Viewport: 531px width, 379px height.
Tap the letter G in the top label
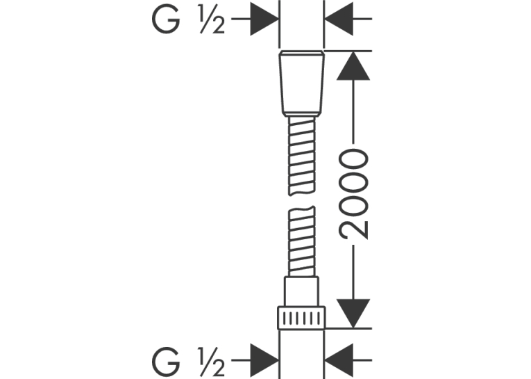166,20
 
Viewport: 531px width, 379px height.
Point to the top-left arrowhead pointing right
264,19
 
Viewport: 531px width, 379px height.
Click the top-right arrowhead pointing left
339,19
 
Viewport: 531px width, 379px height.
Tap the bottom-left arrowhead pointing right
264,360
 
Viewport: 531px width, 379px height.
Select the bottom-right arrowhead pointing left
339,360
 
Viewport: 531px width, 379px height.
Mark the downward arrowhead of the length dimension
353,313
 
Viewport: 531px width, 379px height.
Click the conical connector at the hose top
301,83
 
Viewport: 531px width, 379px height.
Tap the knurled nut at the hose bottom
301,318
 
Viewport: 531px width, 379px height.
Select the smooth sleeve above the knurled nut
301,291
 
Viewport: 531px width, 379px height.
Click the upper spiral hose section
301,156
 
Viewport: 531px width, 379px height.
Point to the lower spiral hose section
301,241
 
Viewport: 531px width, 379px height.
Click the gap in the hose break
301,201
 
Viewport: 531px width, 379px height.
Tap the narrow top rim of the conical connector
301,53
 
